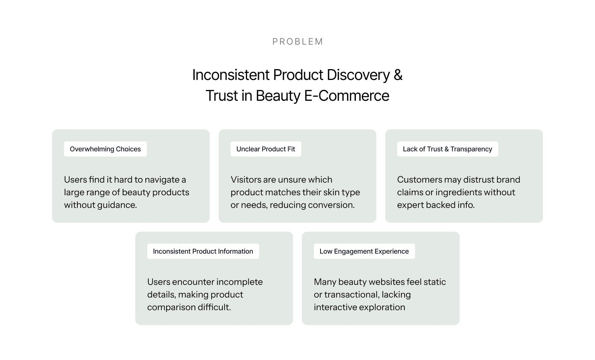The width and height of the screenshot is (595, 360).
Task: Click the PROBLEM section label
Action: [x=297, y=42]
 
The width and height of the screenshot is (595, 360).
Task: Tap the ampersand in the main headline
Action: [x=398, y=75]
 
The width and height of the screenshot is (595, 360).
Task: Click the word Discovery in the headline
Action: [x=358, y=75]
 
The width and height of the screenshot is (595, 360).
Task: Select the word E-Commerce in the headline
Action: [x=347, y=96]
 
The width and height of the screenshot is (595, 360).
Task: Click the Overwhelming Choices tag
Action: [x=105, y=149]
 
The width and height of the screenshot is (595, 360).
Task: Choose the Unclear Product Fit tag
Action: [x=266, y=149]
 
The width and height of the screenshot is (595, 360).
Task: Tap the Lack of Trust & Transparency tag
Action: [x=448, y=149]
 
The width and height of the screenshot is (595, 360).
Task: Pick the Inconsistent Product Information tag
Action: [x=203, y=251]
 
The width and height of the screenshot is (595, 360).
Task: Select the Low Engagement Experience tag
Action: [x=364, y=251]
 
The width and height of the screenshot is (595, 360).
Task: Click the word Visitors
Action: [x=246, y=180]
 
